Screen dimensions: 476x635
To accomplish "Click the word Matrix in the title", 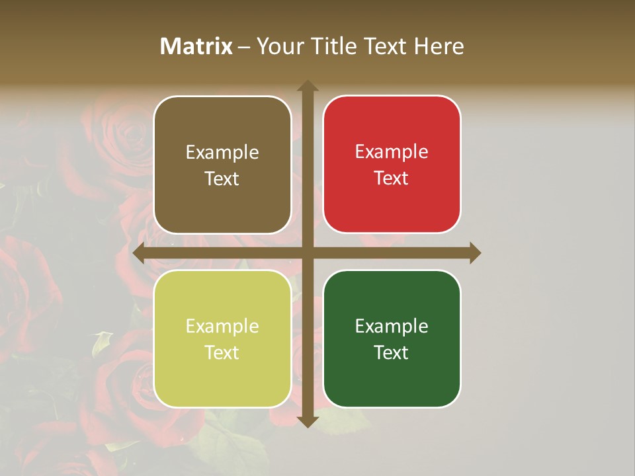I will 196,46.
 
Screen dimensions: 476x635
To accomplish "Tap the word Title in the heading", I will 335,46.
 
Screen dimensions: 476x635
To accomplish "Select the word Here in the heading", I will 439,46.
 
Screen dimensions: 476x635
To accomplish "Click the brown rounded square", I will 222,165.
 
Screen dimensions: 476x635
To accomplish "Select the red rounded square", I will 392,164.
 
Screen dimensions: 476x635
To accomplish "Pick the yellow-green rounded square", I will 222,338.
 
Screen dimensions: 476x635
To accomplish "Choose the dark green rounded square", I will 392,338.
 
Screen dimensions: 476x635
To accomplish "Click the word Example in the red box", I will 392,151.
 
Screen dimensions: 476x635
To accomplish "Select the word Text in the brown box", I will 222,178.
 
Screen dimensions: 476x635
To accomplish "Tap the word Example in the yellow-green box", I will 222,326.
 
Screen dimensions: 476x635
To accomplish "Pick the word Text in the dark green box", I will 392,352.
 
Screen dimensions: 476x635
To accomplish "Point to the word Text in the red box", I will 392,178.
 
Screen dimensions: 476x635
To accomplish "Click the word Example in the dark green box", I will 392,326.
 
